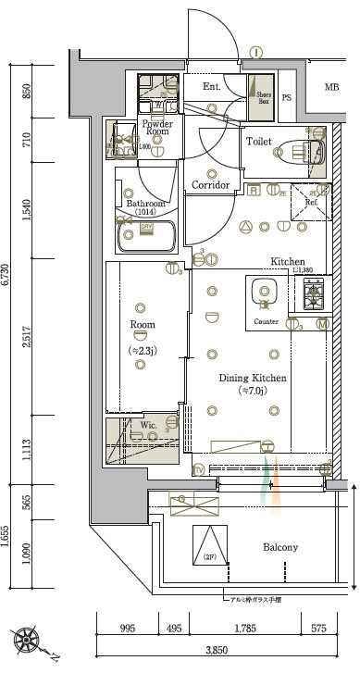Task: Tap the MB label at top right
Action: [331, 88]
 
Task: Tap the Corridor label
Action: [211, 185]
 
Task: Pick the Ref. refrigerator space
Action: [310, 203]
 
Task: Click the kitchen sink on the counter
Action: [264, 294]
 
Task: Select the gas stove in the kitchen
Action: [313, 295]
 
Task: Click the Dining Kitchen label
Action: [252, 379]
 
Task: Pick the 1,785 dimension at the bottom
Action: [244, 629]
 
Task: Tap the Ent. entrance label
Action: [211, 86]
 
